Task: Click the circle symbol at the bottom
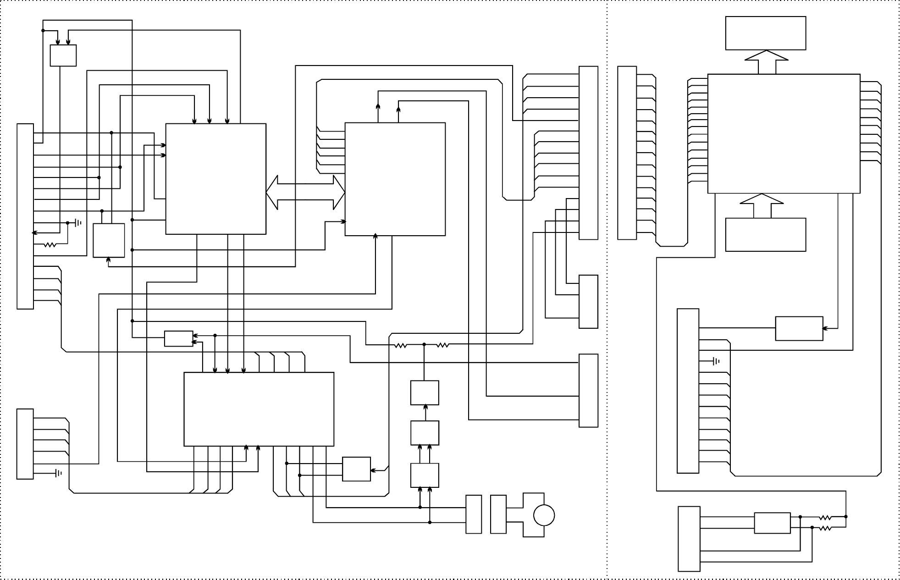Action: (544, 515)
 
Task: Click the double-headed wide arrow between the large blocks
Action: (305, 192)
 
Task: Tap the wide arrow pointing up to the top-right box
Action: (767, 62)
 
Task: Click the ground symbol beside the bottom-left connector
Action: (58, 473)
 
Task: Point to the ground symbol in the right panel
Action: (716, 361)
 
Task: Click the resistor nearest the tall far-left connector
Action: (50, 245)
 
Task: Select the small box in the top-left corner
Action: (63, 55)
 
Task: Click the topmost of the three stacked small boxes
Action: (424, 392)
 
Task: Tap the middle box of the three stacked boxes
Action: (424, 432)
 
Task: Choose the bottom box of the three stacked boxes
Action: (424, 475)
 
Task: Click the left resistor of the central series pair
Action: (400, 345)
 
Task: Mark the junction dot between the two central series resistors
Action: (424, 344)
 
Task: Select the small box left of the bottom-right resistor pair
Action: (772, 523)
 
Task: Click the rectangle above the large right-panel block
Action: (765, 33)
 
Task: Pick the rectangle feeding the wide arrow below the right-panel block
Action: (765, 234)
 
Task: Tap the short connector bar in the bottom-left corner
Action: (25, 444)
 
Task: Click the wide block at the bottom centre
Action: (259, 409)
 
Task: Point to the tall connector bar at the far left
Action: (25, 216)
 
